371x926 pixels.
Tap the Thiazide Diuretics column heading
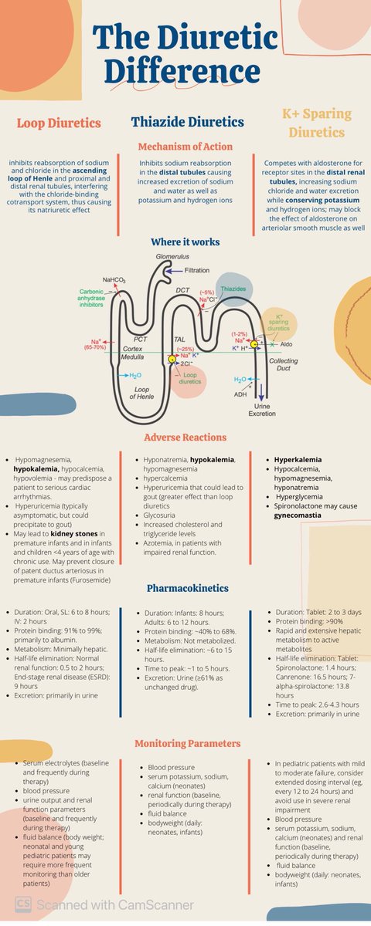[188, 122]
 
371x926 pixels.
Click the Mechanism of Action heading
[186, 146]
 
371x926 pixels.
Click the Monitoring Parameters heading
[188, 742]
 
